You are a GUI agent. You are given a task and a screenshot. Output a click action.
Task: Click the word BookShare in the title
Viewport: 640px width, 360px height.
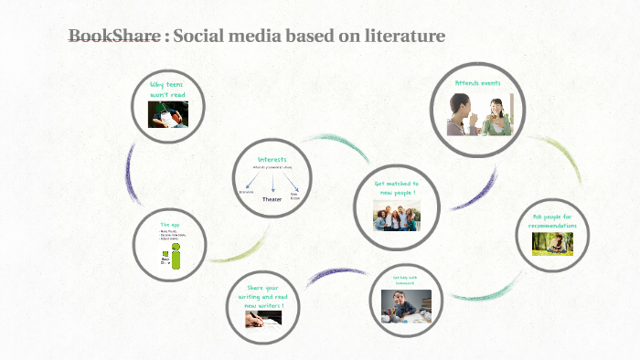[114, 37]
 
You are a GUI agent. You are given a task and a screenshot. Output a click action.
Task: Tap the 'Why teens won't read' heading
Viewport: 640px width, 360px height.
[168, 89]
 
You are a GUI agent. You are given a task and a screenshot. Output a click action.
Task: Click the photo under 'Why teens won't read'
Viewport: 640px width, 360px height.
[168, 113]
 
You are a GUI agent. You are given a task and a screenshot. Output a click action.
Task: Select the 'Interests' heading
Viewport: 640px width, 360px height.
[272, 159]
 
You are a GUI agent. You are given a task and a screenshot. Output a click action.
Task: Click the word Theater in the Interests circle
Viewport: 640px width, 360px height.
[272, 198]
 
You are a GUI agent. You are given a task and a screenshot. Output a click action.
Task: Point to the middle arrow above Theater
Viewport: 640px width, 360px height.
[272, 183]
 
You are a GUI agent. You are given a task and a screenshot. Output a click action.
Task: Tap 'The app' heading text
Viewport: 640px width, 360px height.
[169, 224]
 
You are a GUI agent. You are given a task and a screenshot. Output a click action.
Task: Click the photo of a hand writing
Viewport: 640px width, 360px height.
[263, 319]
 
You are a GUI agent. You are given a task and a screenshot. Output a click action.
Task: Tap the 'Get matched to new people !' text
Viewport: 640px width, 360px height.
[396, 188]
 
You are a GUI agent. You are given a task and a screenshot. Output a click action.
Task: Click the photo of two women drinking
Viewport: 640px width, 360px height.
[479, 115]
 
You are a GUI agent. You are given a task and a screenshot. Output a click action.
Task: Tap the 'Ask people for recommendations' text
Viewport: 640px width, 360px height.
[555, 221]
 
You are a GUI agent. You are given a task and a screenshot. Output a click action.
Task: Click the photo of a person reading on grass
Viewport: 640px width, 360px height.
[554, 243]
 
